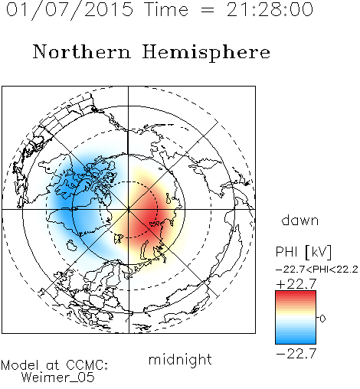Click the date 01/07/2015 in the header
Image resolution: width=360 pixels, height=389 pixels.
click(x=70, y=10)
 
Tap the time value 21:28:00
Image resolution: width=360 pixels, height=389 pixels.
click(x=270, y=9)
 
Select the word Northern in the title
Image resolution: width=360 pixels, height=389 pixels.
click(x=82, y=51)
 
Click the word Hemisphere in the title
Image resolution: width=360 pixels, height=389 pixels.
click(x=206, y=53)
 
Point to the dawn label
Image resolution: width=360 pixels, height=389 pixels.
click(x=300, y=220)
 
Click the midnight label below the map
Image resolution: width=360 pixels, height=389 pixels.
click(x=180, y=359)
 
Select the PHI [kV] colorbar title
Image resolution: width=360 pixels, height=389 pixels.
click(x=303, y=252)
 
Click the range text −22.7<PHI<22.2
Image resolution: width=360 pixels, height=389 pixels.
click(x=317, y=270)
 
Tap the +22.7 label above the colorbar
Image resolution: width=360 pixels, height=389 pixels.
click(x=296, y=284)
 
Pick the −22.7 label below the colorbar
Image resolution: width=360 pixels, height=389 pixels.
click(x=296, y=354)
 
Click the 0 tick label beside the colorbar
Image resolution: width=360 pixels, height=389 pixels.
click(x=322, y=319)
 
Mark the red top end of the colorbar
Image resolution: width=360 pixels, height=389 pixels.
click(x=296, y=293)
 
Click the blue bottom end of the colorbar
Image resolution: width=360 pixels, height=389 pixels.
click(x=296, y=342)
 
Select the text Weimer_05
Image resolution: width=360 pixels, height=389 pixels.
click(x=58, y=378)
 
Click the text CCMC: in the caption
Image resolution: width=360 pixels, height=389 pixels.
click(x=87, y=365)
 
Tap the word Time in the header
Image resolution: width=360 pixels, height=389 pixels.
click(x=166, y=10)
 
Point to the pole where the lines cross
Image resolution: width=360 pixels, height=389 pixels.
click(x=129, y=209)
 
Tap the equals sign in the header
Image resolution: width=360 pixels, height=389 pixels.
click(x=208, y=11)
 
